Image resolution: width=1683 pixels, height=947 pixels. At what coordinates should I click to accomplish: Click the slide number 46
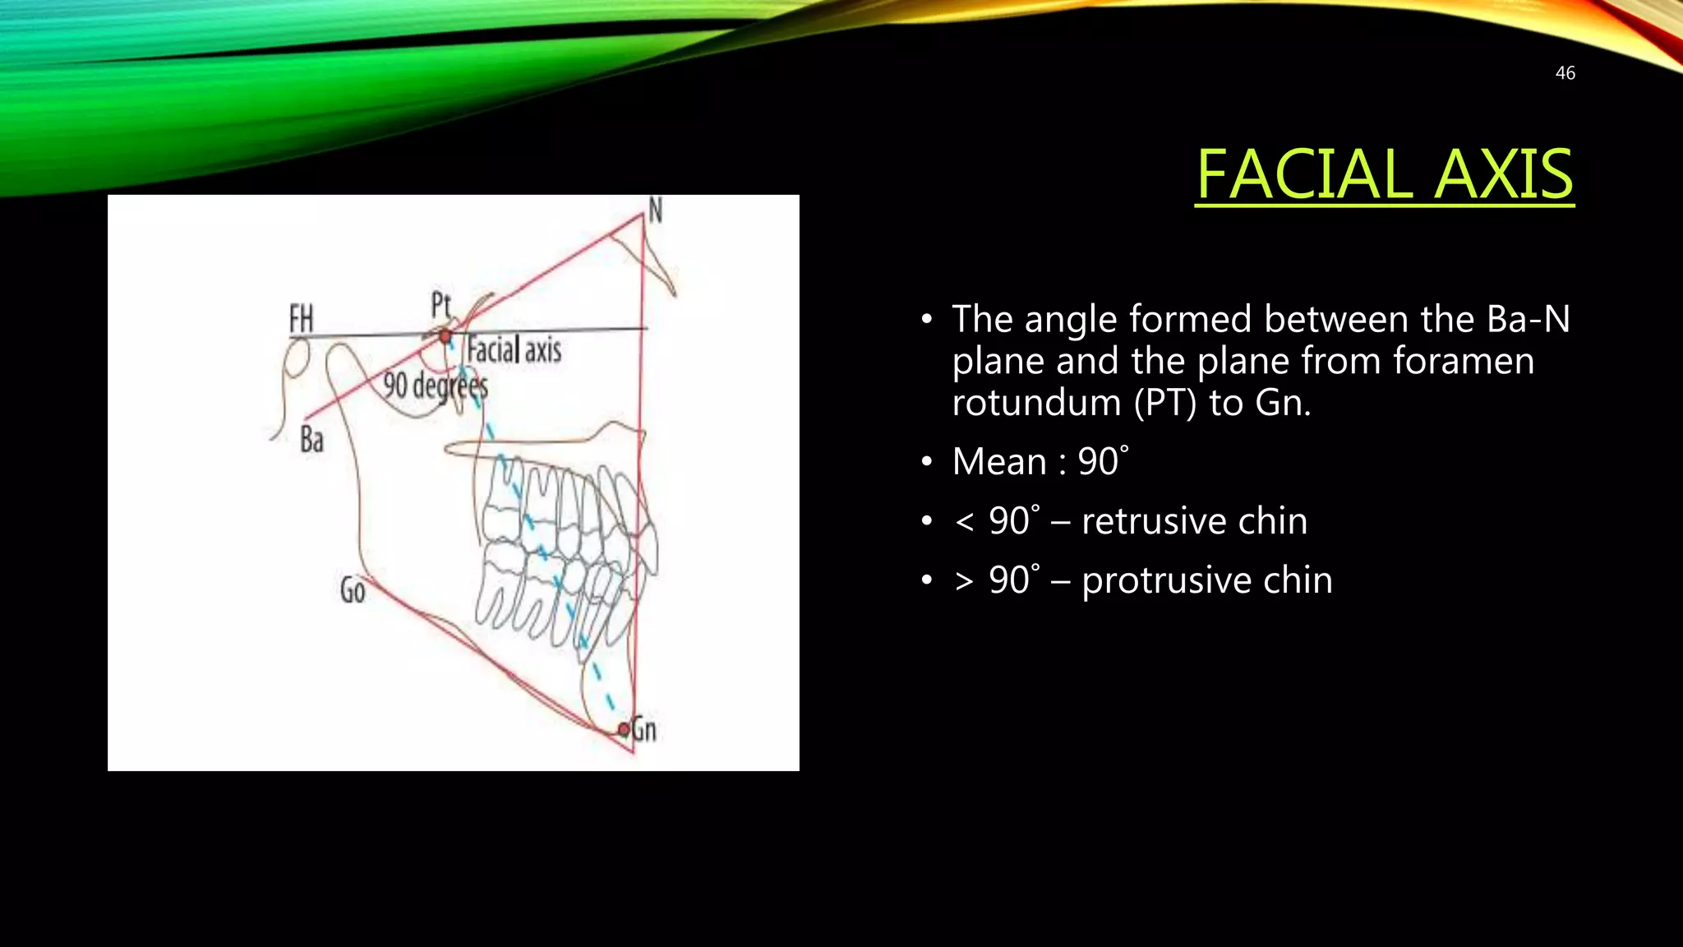(x=1565, y=73)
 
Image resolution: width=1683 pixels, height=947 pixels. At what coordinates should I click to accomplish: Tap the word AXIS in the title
(x=1503, y=174)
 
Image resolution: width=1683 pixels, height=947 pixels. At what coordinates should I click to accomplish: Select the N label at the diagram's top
(x=655, y=211)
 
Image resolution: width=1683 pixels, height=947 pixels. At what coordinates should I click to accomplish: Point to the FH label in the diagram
(x=302, y=318)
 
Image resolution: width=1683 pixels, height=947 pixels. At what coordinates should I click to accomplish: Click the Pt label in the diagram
(x=441, y=306)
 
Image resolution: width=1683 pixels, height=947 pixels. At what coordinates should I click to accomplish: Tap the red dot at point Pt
(x=445, y=336)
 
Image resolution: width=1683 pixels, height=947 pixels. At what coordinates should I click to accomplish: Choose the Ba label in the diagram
(x=311, y=440)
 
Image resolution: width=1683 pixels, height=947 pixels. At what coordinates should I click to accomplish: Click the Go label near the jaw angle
(x=353, y=590)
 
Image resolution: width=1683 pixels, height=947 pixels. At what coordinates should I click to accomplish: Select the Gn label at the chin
(x=644, y=729)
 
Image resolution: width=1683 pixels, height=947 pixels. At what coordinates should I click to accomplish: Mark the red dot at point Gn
(x=624, y=729)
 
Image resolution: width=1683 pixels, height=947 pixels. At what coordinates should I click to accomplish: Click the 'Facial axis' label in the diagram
(x=514, y=351)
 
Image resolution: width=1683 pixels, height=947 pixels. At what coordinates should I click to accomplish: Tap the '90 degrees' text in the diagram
(x=436, y=385)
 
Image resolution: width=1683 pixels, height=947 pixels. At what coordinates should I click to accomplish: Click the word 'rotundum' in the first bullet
(x=1036, y=403)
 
